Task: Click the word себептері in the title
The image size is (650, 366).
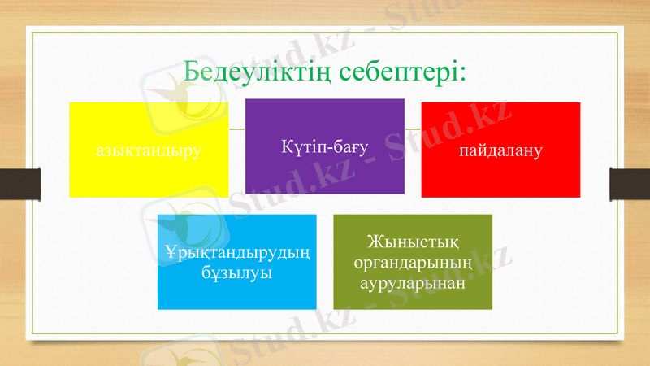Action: [397, 72]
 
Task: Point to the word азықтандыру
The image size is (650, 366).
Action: [148, 150]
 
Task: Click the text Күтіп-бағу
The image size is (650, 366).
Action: [325, 146]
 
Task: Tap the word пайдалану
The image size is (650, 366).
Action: [500, 150]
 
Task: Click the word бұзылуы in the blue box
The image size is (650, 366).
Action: [236, 272]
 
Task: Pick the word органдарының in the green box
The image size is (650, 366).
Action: [413, 262]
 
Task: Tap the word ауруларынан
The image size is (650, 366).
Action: [413, 281]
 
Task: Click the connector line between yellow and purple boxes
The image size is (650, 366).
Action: [236, 129]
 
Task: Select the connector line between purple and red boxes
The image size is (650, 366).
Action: [413, 129]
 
